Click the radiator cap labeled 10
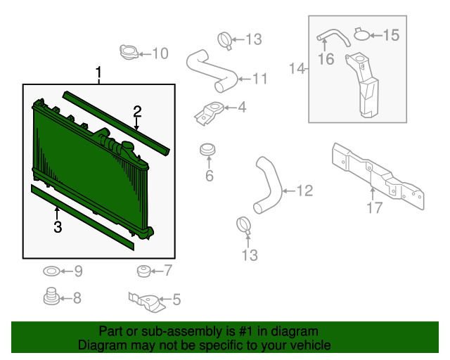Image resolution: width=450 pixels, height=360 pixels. pos(129,52)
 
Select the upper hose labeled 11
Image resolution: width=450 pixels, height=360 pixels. pos(212,71)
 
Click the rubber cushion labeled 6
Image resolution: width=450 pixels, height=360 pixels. pos(207,150)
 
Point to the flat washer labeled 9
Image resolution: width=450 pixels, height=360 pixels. pos(51,271)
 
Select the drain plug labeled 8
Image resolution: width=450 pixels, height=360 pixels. pos(51,296)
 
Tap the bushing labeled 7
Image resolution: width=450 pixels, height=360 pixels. pos(143,271)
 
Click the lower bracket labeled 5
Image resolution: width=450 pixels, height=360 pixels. pos(147,303)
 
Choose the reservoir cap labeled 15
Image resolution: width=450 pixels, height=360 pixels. pos(362,34)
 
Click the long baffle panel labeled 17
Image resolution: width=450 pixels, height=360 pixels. pos(378,176)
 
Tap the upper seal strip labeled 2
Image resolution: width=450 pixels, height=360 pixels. pos(116,123)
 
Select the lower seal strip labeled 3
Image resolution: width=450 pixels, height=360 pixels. pos(82,217)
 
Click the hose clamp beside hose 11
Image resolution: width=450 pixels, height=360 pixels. pos(225,41)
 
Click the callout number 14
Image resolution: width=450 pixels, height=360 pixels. pos(297,69)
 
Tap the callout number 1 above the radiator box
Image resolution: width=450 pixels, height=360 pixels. pos(98,73)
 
